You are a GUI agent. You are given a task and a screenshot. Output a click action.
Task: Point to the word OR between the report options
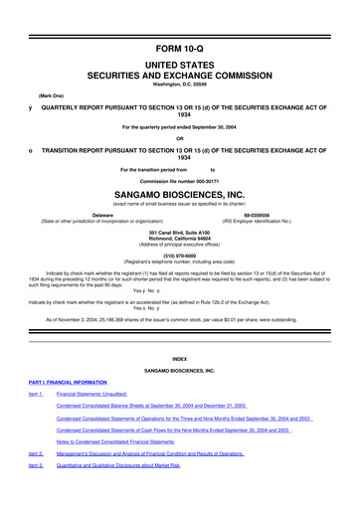tap(179, 137)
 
